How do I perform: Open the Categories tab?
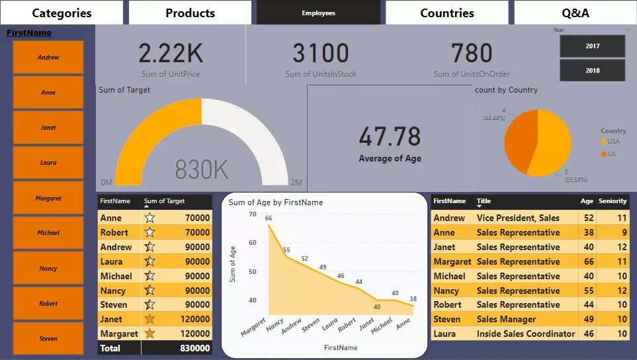pyautogui.click(x=62, y=13)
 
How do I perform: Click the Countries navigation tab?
pyautogui.click(x=446, y=13)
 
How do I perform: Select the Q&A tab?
pyautogui.click(x=575, y=13)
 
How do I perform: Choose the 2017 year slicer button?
pyautogui.click(x=592, y=46)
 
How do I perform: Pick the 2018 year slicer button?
pyautogui.click(x=592, y=70)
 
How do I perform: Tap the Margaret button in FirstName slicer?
pyautogui.click(x=48, y=198)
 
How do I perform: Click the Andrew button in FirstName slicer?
pyautogui.click(x=48, y=58)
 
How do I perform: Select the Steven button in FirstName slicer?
pyautogui.click(x=48, y=338)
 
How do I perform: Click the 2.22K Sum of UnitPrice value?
pyautogui.click(x=170, y=54)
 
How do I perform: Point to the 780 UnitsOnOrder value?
pyautogui.click(x=472, y=54)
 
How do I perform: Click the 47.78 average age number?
pyautogui.click(x=390, y=136)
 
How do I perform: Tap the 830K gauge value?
pyautogui.click(x=202, y=170)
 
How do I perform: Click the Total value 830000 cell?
pyautogui.click(x=194, y=348)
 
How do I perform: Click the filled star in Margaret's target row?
pyautogui.click(x=150, y=334)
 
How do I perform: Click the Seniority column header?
pyautogui.click(x=613, y=201)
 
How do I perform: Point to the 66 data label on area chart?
pyautogui.click(x=269, y=218)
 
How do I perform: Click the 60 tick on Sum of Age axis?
pyautogui.click(x=252, y=243)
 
